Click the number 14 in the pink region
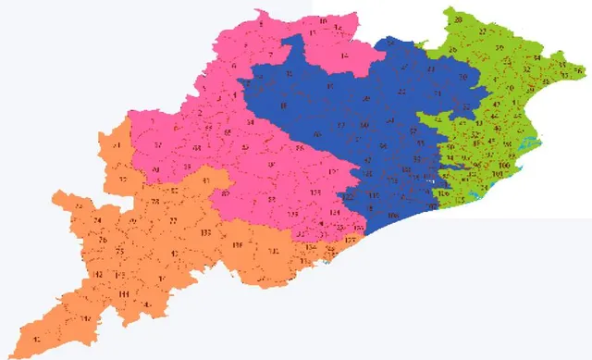point(344,56)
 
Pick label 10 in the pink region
point(323,20)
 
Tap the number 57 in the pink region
point(158,145)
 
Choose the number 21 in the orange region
point(117,146)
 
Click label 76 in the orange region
point(102,240)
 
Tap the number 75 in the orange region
point(119,253)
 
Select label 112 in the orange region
point(98,275)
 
